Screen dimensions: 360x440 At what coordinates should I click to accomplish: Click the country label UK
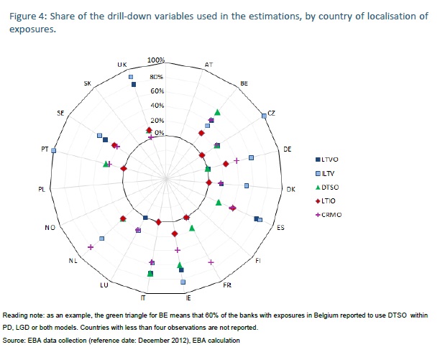pos(122,65)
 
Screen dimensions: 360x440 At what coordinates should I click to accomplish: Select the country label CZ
pos(271,113)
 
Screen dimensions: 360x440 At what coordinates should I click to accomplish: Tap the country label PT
pos(45,149)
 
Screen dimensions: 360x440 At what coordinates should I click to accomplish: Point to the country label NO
pos(50,228)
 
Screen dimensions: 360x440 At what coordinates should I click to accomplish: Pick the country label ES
pos(280,228)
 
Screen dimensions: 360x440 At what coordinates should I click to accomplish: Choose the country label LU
pos(104,285)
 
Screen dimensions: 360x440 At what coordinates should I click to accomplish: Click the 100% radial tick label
pos(156,60)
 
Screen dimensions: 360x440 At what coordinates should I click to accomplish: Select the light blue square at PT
pos(54,150)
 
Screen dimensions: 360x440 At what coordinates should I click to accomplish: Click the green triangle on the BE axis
pos(217,112)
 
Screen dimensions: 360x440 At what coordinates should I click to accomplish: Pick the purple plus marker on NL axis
pos(91,247)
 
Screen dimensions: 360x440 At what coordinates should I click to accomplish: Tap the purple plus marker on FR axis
pos(211,262)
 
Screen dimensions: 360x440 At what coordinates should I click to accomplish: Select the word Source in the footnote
pos(14,340)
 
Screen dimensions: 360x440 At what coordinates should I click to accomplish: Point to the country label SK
pos(87,84)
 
